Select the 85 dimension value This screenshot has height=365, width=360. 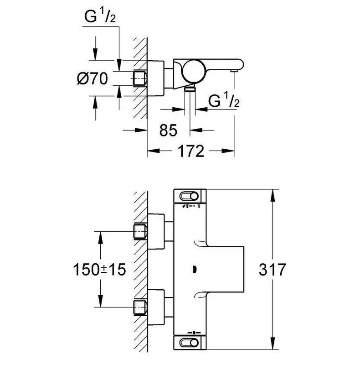point(168,130)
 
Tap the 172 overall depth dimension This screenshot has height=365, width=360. point(191,151)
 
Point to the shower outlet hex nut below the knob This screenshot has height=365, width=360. point(190,89)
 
